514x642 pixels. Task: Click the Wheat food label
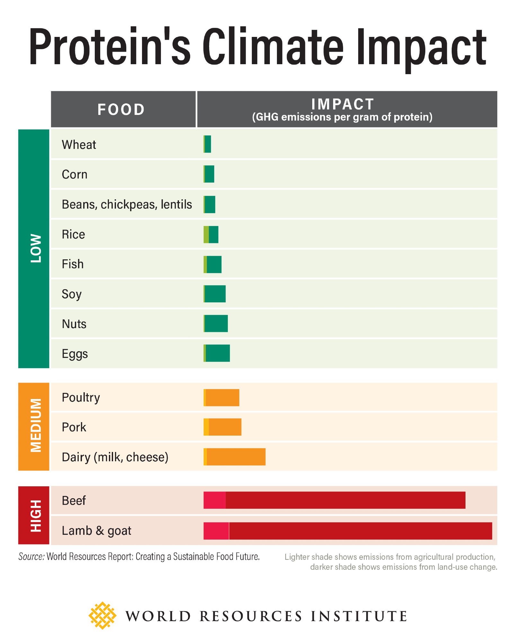[79, 145]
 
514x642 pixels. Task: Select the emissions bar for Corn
[209, 174]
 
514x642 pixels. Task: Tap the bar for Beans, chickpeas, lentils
[209, 204]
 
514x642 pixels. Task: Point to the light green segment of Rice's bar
[206, 234]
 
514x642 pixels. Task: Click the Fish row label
[73, 264]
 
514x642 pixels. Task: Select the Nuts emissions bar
[216, 324]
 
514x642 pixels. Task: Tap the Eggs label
[75, 354]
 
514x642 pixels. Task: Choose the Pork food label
[74, 427]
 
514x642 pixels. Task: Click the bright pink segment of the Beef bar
[215, 500]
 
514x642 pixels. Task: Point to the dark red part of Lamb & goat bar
[360, 531]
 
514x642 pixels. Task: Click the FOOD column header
[121, 109]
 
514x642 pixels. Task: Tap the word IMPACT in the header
[342, 104]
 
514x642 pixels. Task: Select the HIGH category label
[35, 516]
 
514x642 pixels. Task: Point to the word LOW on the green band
[35, 248]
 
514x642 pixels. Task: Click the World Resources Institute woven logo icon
[102, 615]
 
